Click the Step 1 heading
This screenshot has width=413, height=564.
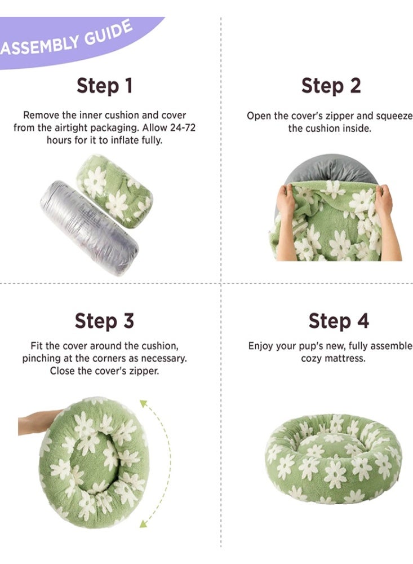105,86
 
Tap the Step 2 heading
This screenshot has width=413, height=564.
331,86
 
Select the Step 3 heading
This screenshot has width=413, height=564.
104,320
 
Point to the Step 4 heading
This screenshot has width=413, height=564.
339,320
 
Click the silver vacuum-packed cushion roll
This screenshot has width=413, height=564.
89,227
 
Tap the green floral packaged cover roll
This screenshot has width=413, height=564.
115,191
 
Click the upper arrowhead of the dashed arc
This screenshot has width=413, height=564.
144,404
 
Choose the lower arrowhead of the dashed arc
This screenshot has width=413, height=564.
144,523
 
